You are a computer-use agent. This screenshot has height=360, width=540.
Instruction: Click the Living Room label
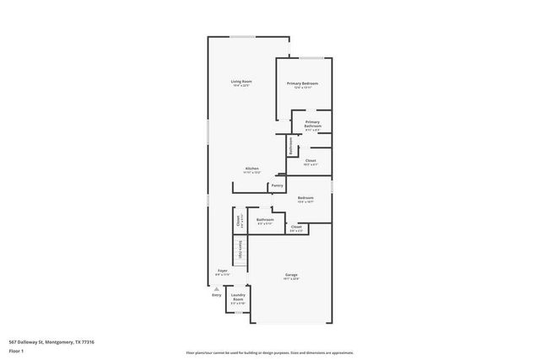click(x=242, y=81)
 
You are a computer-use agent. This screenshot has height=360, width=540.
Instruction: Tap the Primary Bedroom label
click(x=302, y=83)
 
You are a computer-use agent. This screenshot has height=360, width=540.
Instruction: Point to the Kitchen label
click(x=251, y=168)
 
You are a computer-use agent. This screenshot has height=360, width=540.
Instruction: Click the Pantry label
click(x=277, y=185)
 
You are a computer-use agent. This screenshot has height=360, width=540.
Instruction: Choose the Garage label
click(x=291, y=276)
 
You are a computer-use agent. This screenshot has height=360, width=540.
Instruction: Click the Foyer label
click(x=222, y=271)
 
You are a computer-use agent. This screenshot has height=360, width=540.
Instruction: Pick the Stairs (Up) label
click(x=240, y=250)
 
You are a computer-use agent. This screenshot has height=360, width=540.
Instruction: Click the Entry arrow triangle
click(x=217, y=288)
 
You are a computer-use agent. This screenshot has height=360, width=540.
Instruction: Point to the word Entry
click(x=217, y=295)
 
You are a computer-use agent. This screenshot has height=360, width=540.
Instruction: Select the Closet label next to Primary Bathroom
click(x=310, y=160)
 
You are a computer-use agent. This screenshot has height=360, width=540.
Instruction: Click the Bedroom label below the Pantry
click(x=305, y=198)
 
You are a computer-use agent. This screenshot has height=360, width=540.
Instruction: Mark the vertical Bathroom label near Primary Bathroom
click(x=290, y=145)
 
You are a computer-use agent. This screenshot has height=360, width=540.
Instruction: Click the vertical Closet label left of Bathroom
click(x=240, y=221)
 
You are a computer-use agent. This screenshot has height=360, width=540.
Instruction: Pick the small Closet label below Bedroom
click(x=296, y=227)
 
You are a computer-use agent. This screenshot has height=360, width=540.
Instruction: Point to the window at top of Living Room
click(x=246, y=37)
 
